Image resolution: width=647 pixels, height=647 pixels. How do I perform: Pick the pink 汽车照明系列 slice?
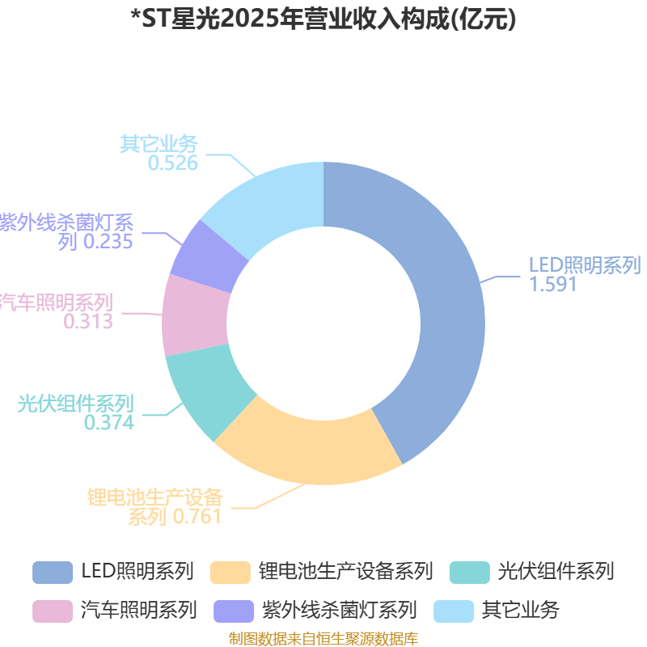[195, 315]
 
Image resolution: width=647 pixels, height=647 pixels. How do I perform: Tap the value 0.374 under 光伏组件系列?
[109, 422]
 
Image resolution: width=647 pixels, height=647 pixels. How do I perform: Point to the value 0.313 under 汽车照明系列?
[88, 321]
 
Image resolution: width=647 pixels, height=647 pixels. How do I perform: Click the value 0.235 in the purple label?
[108, 241]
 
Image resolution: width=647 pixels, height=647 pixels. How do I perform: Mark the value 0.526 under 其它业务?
[172, 163]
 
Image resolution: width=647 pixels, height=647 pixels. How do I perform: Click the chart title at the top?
[323, 19]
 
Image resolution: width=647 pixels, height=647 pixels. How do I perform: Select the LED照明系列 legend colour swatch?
[53, 572]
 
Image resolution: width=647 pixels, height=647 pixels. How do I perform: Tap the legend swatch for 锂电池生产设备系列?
[230, 572]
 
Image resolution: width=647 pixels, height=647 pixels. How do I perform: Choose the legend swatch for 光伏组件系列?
[469, 572]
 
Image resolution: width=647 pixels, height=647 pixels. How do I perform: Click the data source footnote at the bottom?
[323, 639]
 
